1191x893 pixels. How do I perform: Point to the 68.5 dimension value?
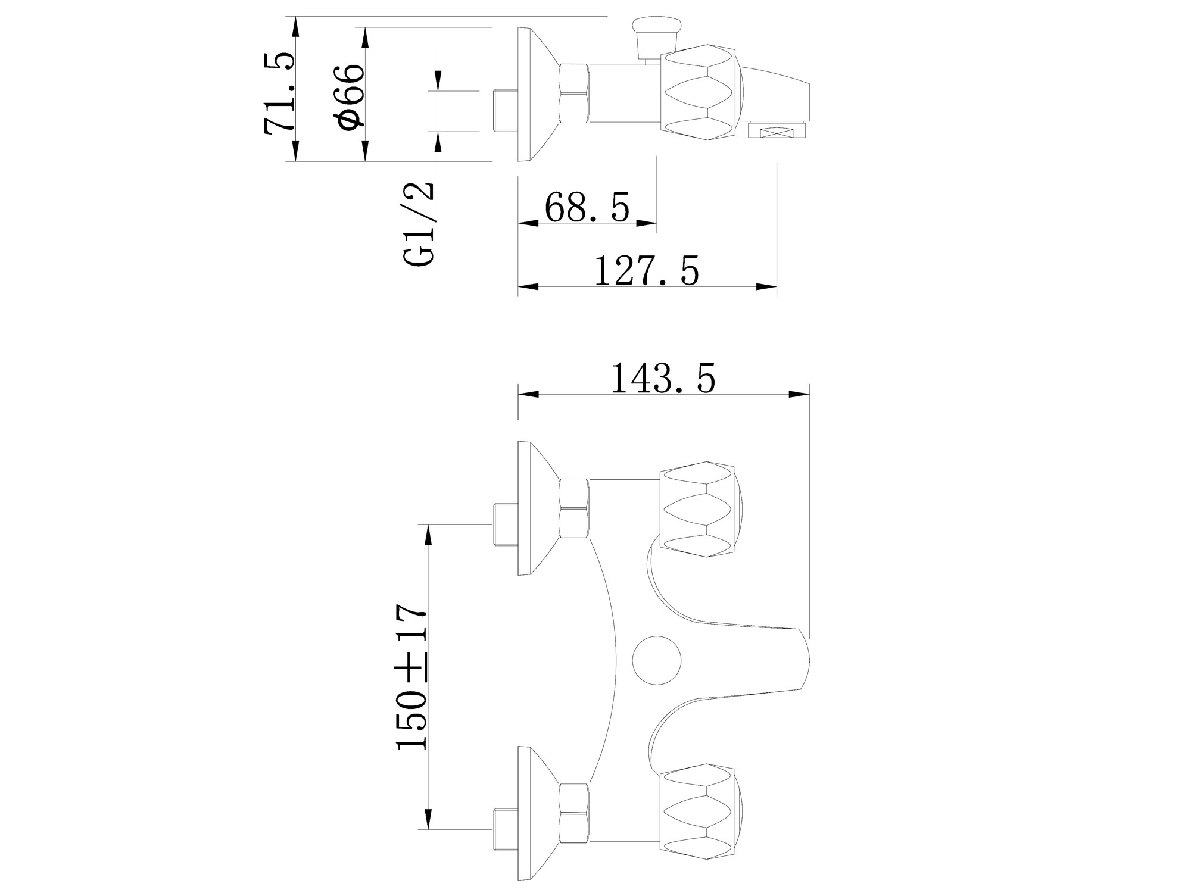click(x=587, y=207)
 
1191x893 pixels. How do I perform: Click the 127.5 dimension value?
click(x=647, y=271)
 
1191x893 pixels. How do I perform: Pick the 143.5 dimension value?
click(x=663, y=378)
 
